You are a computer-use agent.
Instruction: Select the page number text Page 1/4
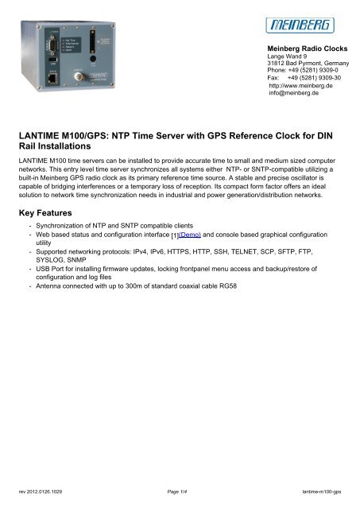tap(180, 493)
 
